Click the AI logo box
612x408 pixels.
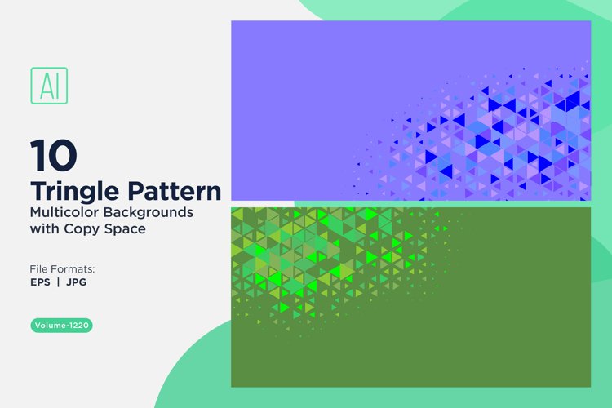[x=49, y=84]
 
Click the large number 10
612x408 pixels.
[x=54, y=154]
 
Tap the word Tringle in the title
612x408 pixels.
[x=73, y=191]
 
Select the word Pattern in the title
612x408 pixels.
[x=172, y=191]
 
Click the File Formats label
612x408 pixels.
[x=63, y=268]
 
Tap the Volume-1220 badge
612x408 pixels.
[x=61, y=326]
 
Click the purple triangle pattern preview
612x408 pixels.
[x=410, y=110]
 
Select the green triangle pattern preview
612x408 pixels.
[x=410, y=296]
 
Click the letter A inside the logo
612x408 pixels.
[x=45, y=84]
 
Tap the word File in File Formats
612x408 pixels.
[x=41, y=268]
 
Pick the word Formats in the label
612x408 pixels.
[x=74, y=268]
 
